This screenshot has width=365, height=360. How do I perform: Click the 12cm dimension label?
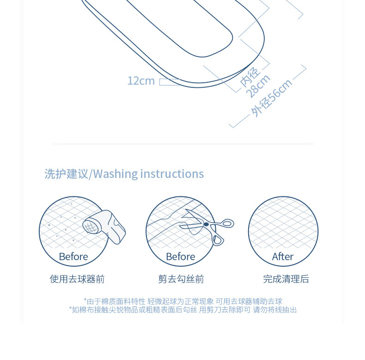coord(141,81)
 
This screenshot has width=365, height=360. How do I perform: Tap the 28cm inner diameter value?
coord(258,86)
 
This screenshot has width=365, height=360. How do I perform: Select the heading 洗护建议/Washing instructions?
coord(124,174)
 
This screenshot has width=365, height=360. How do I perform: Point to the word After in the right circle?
coord(283,256)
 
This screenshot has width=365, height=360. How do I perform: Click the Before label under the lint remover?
coord(73,256)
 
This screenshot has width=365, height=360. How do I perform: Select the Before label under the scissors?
coord(181,256)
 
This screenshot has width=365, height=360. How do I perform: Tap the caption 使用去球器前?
coord(77,279)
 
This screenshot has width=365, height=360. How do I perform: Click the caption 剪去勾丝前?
coord(181,279)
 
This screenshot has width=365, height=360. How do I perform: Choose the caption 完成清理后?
coord(286,279)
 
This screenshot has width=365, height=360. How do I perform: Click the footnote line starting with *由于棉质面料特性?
coord(183,301)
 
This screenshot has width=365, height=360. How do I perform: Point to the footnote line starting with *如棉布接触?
coord(183,310)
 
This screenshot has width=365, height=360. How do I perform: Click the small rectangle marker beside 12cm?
coord(169,82)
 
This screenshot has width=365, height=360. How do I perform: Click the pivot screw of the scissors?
coord(206,225)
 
